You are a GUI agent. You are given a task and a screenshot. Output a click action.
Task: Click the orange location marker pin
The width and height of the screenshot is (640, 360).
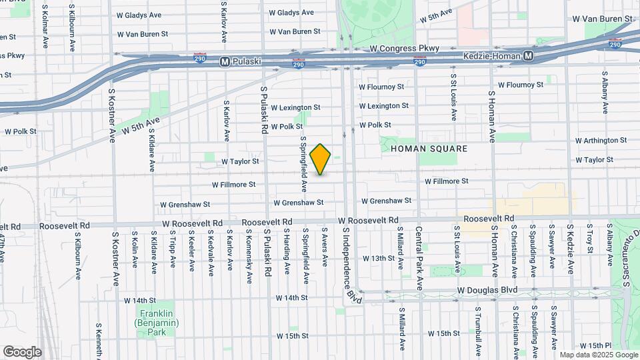tap(321, 159)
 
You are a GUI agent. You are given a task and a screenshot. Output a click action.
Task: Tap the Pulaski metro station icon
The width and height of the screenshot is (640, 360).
tap(225, 61)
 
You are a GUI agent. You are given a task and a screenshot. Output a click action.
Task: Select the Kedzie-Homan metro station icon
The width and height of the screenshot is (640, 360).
tap(528, 57)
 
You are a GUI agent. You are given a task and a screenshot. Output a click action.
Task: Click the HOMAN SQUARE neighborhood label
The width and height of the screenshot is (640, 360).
tap(429, 148)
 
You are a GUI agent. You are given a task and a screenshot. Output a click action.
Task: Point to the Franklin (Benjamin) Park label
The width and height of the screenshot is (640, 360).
tap(152, 323)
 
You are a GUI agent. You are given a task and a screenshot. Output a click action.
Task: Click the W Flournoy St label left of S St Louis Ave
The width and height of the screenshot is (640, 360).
tap(381, 87)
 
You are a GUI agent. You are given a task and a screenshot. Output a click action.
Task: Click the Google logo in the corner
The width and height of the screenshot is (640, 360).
tap(22, 352)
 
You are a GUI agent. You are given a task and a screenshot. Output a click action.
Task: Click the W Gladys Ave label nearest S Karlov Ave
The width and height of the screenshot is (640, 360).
tap(139, 15)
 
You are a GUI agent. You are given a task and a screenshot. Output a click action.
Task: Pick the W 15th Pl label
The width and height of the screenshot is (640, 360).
tap(595, 345)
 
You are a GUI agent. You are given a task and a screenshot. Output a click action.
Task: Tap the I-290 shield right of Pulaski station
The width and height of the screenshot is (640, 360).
tap(298, 64)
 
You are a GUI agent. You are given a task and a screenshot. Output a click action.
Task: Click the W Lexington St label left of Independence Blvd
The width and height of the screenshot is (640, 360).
tap(295, 107)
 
